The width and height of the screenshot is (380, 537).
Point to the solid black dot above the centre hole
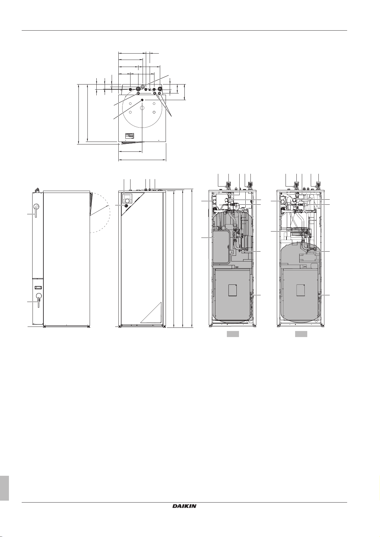tap(142, 100)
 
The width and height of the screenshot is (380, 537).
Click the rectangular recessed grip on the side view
tap(38, 287)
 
